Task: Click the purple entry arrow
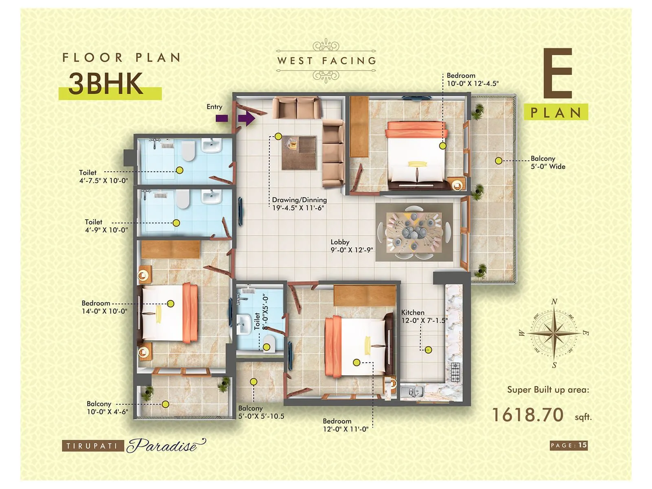point(246,119)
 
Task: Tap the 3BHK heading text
point(106,84)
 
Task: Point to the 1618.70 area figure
point(528,415)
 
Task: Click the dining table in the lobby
point(414,232)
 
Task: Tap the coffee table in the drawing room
point(300,152)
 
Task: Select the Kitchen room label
point(412,313)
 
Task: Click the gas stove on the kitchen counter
point(455,372)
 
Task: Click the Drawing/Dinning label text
point(300,200)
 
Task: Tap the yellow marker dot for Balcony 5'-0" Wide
point(498,161)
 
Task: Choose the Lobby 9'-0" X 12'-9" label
point(351,246)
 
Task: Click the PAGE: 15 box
point(568,445)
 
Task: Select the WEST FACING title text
point(326,61)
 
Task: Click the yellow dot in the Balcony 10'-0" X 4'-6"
point(165,404)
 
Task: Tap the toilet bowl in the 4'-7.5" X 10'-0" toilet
point(188,151)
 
